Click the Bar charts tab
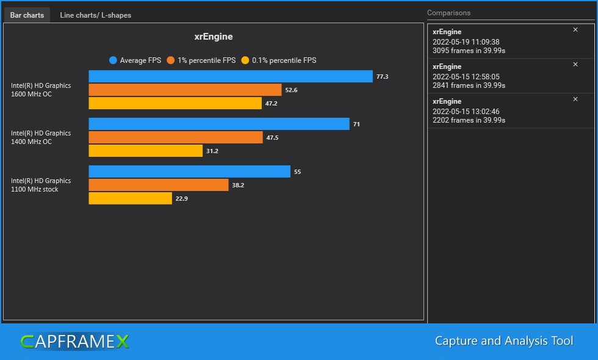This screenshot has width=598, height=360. pos(27,15)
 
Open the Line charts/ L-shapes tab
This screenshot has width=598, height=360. pos(95,15)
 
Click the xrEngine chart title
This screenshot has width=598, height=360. pos(214,37)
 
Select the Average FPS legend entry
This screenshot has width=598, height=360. pos(135,60)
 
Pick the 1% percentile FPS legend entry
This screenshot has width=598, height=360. pos(201,60)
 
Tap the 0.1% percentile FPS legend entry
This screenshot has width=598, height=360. pos(279,60)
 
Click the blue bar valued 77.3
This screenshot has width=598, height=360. pos(231,76)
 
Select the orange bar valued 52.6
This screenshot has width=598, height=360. pos(185,90)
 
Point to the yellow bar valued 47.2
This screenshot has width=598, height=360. pos(175,103)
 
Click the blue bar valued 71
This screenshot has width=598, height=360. pos(219,124)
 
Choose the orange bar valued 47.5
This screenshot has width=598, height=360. pos(176,137)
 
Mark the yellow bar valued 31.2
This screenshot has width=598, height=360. pos(146,151)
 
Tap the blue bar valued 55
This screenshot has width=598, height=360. pos(189,171)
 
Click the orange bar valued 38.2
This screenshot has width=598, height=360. pos(159,185)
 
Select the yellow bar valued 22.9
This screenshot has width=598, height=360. pos(131,198)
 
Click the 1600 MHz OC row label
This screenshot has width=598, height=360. pos(41,90)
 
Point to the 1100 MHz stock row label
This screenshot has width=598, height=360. pos(41,185)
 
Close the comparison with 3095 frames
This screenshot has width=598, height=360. pos(575,30)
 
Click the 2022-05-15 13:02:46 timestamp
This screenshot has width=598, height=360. pos(466,112)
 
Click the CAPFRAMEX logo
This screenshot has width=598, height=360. pos(74,342)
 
